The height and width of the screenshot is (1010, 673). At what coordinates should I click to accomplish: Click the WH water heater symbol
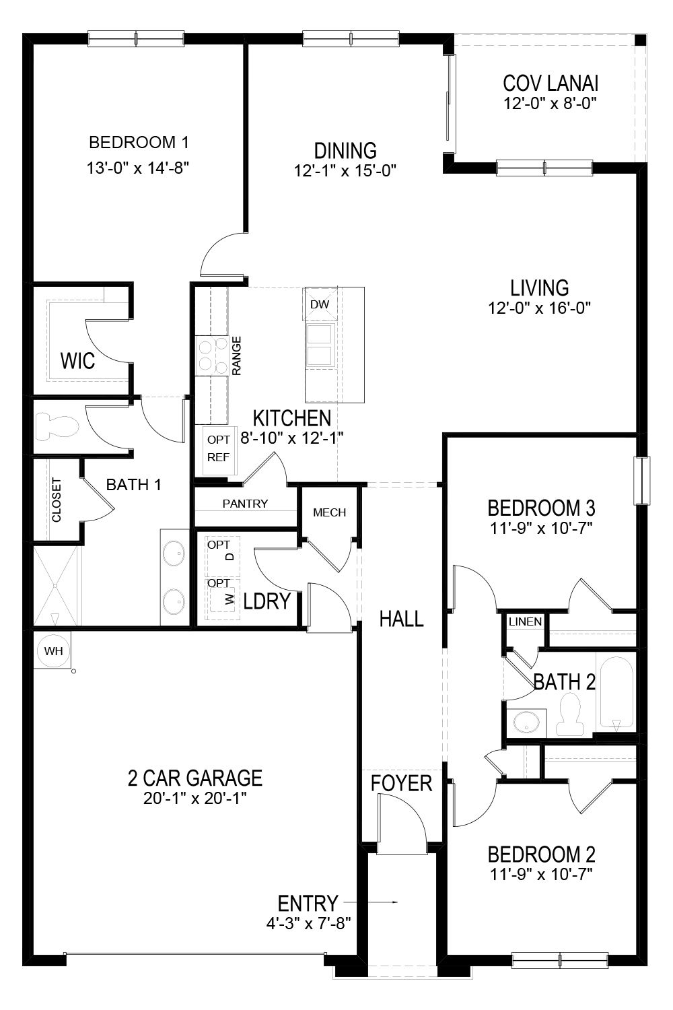53,651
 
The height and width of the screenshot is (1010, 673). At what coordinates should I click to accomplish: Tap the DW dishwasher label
320,304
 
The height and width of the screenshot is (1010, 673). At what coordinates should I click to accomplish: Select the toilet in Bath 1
57,426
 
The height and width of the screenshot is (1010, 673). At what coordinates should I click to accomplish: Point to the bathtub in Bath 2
616,694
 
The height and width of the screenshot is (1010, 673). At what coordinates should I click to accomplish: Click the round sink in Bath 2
526,722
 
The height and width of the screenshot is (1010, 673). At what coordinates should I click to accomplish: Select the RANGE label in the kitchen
237,356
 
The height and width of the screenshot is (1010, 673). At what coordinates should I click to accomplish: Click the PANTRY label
246,504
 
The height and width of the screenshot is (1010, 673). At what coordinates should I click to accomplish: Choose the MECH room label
330,512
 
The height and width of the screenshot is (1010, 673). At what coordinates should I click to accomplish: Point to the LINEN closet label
526,621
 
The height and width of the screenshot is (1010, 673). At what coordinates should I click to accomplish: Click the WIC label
77,360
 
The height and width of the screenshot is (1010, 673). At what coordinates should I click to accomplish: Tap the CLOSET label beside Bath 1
57,500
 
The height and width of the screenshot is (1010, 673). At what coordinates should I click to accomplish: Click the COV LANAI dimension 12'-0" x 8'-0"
551,104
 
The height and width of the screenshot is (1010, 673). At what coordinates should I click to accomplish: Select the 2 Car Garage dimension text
194,799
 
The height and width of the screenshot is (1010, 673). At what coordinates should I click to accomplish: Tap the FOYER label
402,783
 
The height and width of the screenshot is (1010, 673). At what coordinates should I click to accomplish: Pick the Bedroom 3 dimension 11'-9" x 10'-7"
541,527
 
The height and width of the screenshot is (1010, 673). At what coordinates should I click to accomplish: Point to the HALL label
402,618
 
